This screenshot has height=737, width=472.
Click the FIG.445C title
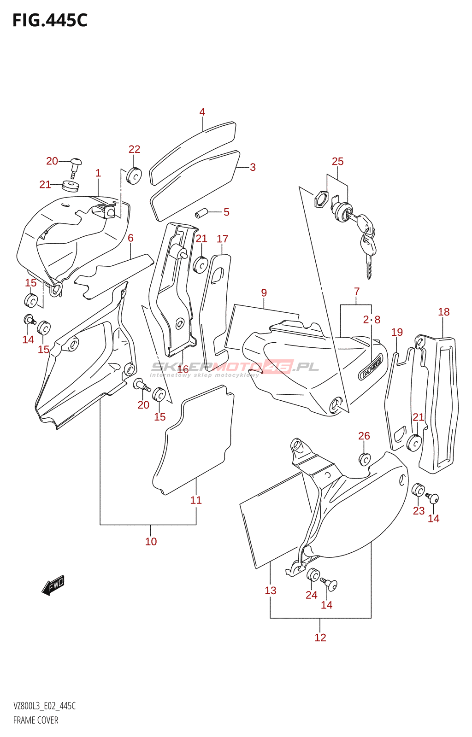click(50, 20)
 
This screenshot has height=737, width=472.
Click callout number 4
click(202, 112)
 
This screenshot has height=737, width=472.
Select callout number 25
click(338, 161)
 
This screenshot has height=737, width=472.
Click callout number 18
click(444, 311)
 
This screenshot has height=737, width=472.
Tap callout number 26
click(364, 436)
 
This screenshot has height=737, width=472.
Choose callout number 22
click(134, 149)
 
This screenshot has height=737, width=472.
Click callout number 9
click(264, 292)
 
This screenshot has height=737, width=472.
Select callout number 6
click(130, 238)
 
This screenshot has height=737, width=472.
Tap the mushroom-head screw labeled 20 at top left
click(76, 168)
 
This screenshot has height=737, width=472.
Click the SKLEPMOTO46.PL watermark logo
click(234, 368)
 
